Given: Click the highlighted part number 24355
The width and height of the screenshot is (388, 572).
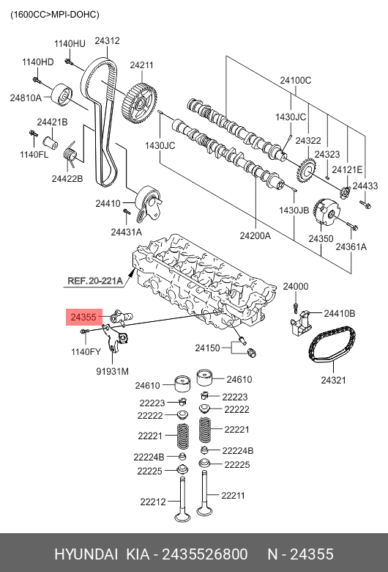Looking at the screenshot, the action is point(83,317).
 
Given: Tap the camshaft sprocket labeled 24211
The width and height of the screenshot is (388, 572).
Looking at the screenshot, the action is point(140,103).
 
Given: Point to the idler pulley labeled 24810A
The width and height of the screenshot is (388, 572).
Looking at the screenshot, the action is point(61,95).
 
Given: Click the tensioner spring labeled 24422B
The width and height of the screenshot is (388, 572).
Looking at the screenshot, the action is point(70,154).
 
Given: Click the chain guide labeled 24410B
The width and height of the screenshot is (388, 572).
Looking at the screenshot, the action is point(300,325).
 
